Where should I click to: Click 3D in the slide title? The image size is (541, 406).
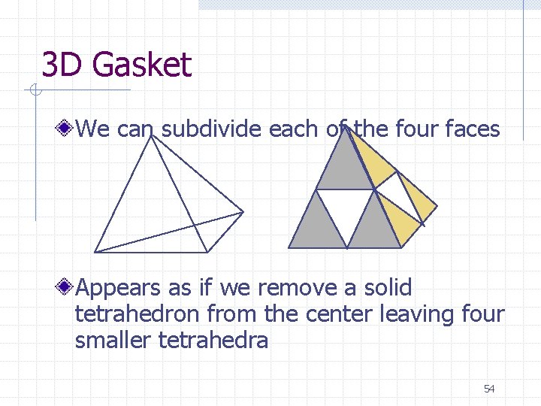click(63, 65)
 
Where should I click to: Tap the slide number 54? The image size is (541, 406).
click(489, 389)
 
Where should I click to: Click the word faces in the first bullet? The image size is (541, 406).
click(472, 129)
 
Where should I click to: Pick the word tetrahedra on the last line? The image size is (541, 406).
click(213, 341)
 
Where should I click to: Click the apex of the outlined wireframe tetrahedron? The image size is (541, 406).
click(153, 138)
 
